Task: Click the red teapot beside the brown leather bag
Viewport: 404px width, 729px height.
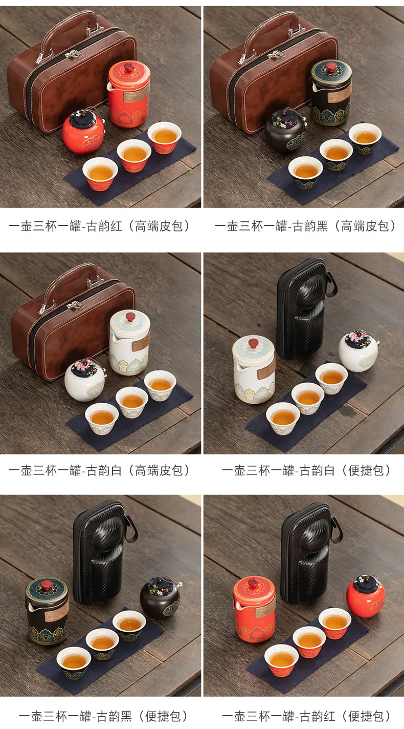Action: [128, 94]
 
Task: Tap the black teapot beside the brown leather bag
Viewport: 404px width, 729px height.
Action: [331, 93]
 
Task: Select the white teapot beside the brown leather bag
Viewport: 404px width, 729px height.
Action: [129, 342]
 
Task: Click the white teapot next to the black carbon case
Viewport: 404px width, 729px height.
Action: [254, 369]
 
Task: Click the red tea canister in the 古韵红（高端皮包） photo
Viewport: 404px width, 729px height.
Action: [83, 132]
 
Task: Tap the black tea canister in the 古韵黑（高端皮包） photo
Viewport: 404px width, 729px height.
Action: [285, 131]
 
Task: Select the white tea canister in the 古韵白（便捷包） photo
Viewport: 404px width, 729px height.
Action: [358, 351]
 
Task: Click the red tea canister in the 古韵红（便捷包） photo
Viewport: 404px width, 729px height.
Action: [366, 596]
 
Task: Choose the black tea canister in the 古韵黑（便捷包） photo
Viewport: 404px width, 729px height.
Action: [161, 598]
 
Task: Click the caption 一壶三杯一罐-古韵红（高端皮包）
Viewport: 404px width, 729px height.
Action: [99, 226]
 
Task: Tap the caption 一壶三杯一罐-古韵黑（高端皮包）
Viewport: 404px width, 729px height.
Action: [305, 226]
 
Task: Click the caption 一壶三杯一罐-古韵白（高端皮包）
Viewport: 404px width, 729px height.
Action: [99, 470]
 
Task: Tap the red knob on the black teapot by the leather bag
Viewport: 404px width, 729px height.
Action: [331, 68]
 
